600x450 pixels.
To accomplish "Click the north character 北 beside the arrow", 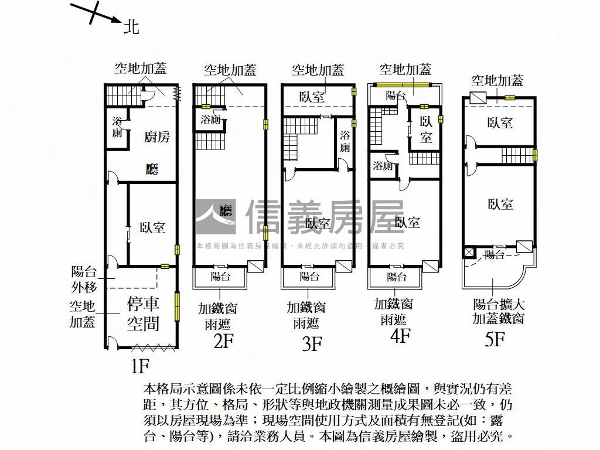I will [131, 26].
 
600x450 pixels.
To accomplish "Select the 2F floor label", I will [224, 340].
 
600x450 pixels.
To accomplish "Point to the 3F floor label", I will [312, 343].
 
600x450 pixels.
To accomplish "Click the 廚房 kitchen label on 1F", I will [156, 137].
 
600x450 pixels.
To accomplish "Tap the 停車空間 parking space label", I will [144, 313].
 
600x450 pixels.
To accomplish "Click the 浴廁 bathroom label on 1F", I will [117, 127].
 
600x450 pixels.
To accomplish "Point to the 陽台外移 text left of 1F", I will [83, 279].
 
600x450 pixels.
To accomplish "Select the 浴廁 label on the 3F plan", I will [345, 141].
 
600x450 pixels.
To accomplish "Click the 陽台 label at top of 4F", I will [396, 95].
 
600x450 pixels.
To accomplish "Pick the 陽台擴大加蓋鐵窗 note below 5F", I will [499, 312].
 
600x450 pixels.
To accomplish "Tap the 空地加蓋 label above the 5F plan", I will [497, 81].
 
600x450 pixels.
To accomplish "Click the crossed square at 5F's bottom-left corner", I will [468, 253].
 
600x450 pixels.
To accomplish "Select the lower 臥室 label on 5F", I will [500, 204].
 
